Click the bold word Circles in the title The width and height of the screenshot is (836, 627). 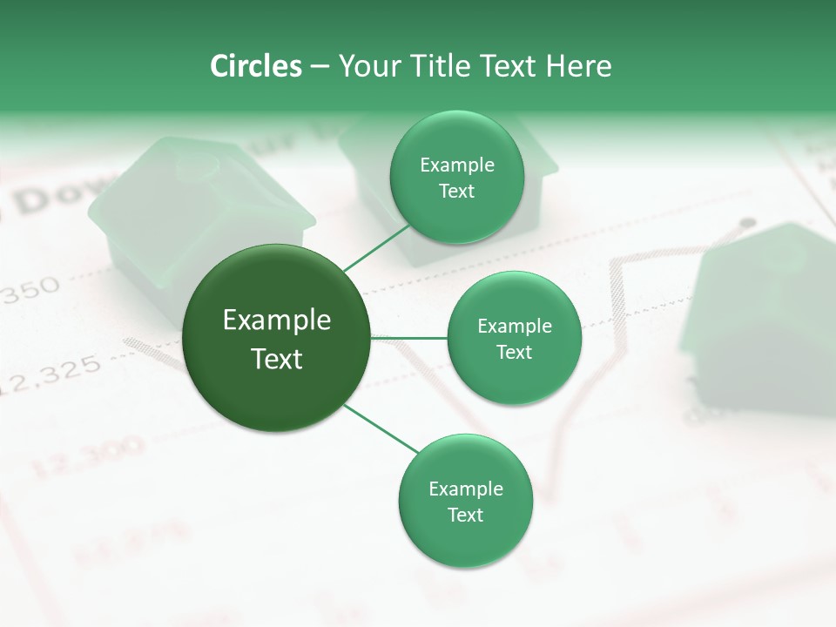point(256,66)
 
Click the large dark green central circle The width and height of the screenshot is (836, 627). point(277,338)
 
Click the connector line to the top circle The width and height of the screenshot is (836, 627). point(376,247)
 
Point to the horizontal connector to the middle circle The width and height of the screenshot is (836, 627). point(409,338)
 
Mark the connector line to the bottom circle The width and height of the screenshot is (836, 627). point(381,429)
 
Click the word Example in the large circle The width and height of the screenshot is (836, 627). point(277,320)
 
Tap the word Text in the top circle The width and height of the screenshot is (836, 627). point(456,192)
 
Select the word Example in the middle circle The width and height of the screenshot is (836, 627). point(514,327)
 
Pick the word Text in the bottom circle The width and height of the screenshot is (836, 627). point(465,516)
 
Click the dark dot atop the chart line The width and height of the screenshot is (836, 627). point(746,224)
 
